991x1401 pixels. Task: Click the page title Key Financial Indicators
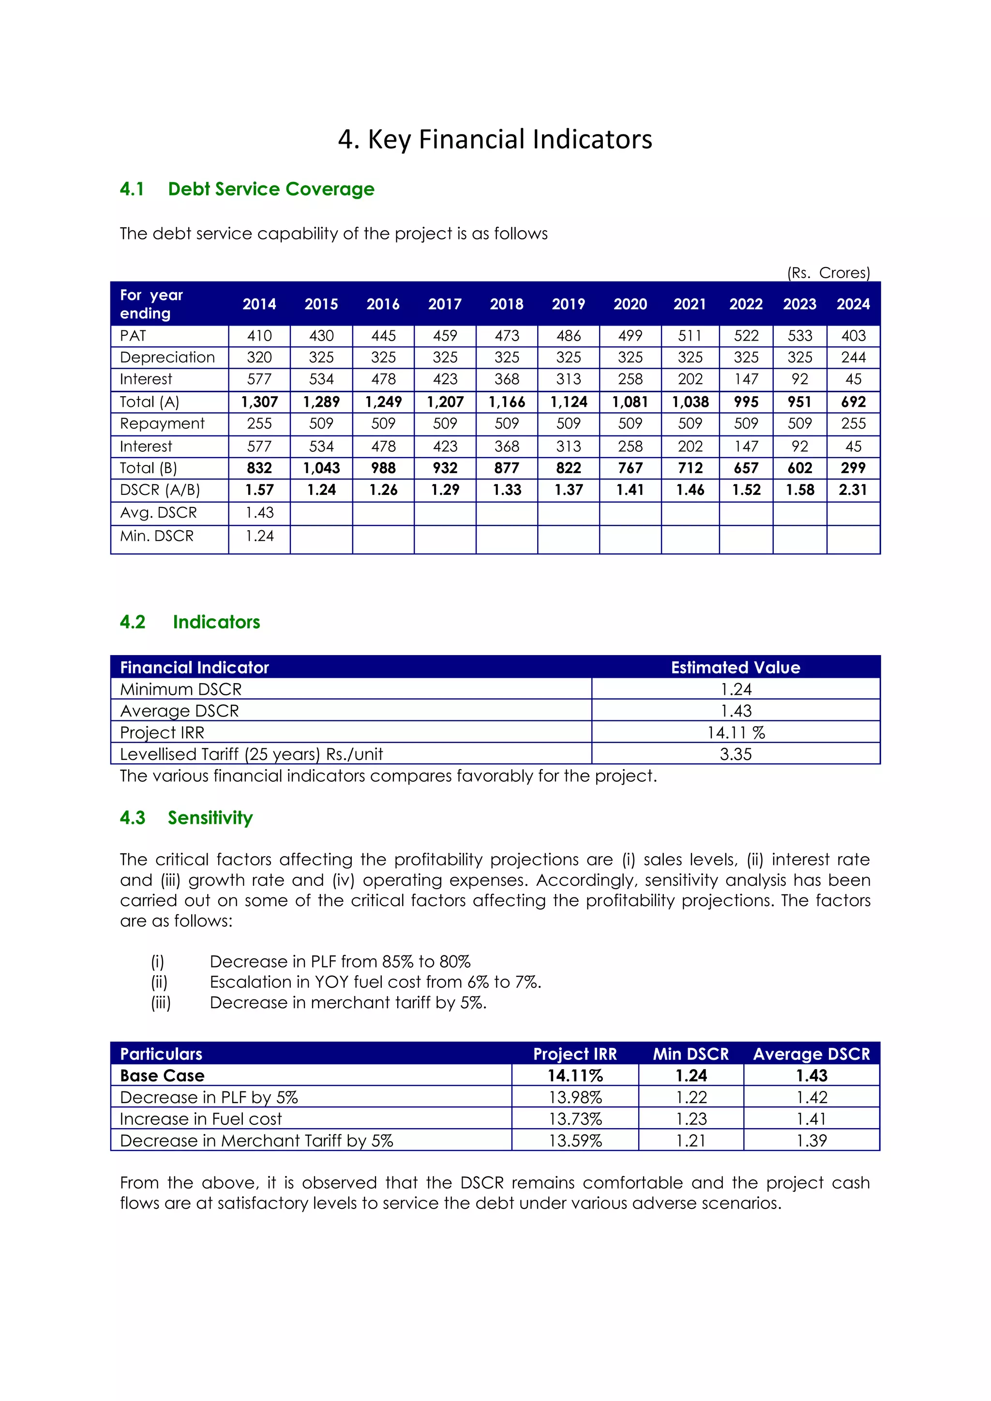coord(495,139)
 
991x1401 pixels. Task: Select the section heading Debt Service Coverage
coord(271,189)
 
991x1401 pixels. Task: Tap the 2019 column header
coord(568,304)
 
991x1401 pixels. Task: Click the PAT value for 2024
coord(853,336)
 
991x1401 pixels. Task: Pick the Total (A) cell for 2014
coord(259,402)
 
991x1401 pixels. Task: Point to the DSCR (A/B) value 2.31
coord(853,490)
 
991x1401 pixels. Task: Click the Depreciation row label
coord(167,357)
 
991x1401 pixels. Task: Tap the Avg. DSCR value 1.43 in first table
coord(259,513)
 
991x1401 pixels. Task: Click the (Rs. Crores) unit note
coord(828,273)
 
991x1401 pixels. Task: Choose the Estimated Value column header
coord(736,667)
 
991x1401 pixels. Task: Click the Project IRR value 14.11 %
coord(736,732)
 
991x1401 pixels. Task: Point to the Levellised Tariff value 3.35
coord(736,754)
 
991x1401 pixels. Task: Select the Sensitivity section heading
coord(210,818)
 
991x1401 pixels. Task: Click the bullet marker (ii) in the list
coord(159,982)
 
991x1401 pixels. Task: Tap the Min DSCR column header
coord(691,1054)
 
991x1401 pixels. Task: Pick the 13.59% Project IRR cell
coord(575,1140)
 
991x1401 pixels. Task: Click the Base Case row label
coord(162,1076)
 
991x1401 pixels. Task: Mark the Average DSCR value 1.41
coord(811,1118)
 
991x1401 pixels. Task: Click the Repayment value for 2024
coord(853,423)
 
